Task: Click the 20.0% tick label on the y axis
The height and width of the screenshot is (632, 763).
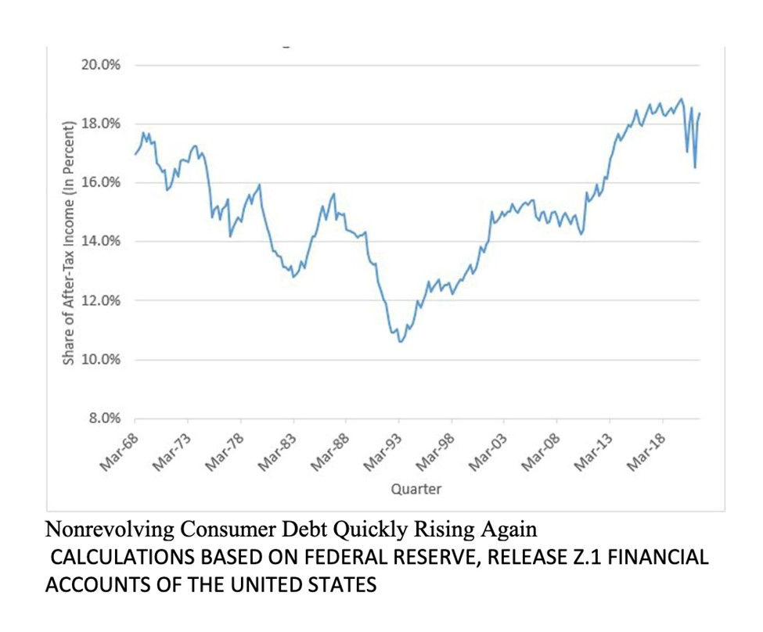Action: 100,65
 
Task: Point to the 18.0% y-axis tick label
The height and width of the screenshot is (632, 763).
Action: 100,124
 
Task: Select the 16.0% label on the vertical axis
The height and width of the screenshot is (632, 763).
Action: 100,182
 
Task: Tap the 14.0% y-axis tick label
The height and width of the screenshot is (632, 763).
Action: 100,241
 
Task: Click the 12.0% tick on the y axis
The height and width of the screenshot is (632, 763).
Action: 100,300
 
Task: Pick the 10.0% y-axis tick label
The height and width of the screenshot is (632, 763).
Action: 100,360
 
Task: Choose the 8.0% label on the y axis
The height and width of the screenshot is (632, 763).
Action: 103,418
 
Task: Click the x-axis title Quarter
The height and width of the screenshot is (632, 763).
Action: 416,490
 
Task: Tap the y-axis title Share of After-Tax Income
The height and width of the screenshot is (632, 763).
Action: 67,242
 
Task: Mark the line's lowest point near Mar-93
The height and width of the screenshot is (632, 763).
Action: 401,342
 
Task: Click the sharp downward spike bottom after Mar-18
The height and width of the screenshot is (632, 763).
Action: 695,167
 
